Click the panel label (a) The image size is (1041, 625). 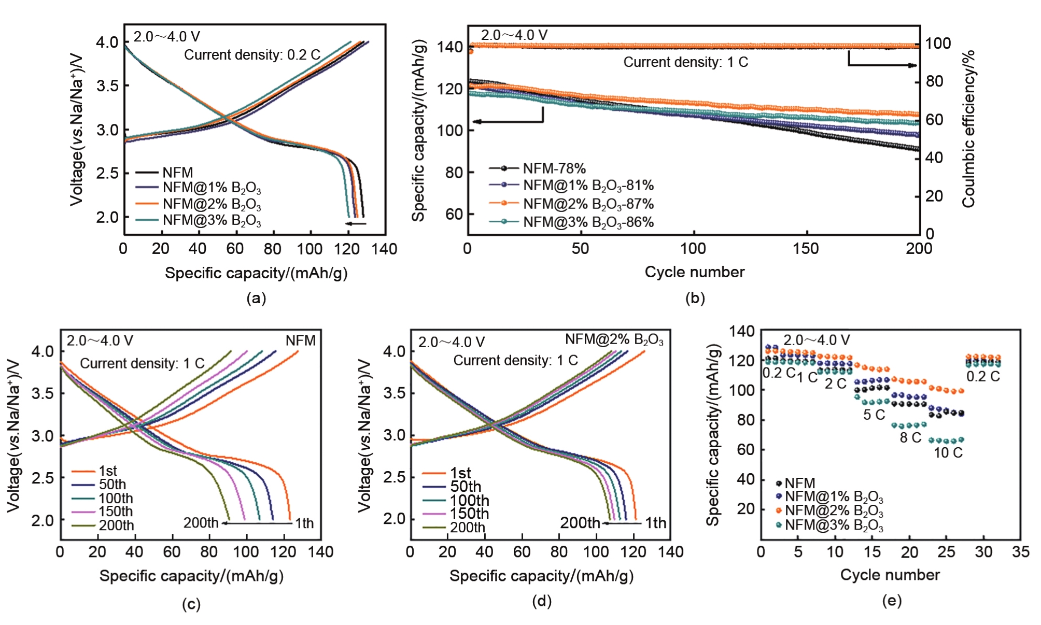click(x=257, y=298)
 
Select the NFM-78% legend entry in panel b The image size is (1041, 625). click(x=554, y=168)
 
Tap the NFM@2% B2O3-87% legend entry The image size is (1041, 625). click(x=588, y=204)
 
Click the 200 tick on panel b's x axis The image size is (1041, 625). click(x=919, y=249)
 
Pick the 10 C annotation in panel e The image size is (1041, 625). click(x=948, y=452)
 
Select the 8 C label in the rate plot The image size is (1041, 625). click(x=910, y=437)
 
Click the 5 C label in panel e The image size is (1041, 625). click(x=874, y=415)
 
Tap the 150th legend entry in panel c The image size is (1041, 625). click(x=116, y=512)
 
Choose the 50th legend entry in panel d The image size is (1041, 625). click(x=465, y=487)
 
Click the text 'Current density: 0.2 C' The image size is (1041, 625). click(x=252, y=55)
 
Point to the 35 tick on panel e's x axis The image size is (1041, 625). click(x=1020, y=551)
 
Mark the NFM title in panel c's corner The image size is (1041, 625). click(x=300, y=340)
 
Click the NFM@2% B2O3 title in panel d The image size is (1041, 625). click(x=614, y=339)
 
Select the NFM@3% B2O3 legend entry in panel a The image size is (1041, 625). click(x=212, y=221)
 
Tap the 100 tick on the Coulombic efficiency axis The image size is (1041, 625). click(x=938, y=44)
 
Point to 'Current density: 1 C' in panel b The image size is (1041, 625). click(x=685, y=62)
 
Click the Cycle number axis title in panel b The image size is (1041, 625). click(x=694, y=272)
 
